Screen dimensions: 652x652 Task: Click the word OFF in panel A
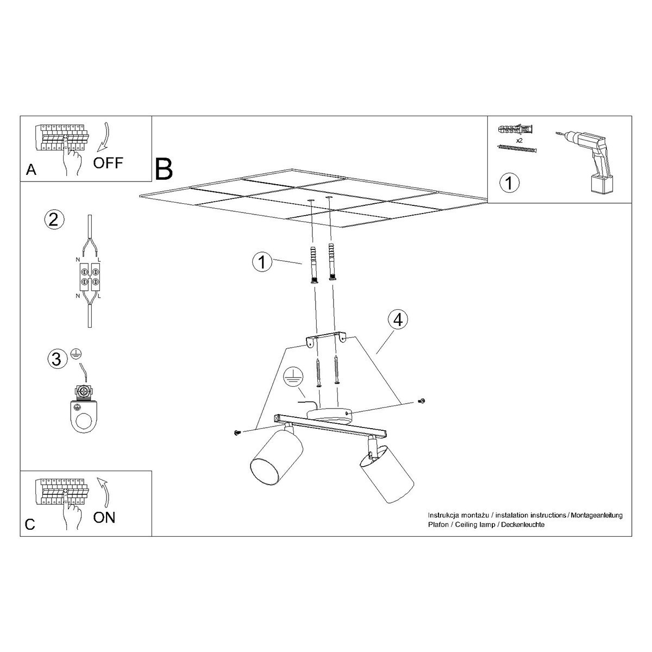pos(108,162)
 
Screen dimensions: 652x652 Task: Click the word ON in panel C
pos(104,517)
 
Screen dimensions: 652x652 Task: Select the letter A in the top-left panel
pos(31,170)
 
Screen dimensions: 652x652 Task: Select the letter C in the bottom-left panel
pos(30,524)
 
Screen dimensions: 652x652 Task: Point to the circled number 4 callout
pos(398,320)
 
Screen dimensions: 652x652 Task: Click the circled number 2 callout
pos(53,219)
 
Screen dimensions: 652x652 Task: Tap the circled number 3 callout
pos(55,359)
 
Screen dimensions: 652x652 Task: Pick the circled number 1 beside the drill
pos(509,182)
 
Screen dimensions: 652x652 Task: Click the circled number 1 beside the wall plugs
pos(262,262)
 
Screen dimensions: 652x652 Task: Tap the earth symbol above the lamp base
pos(292,375)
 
